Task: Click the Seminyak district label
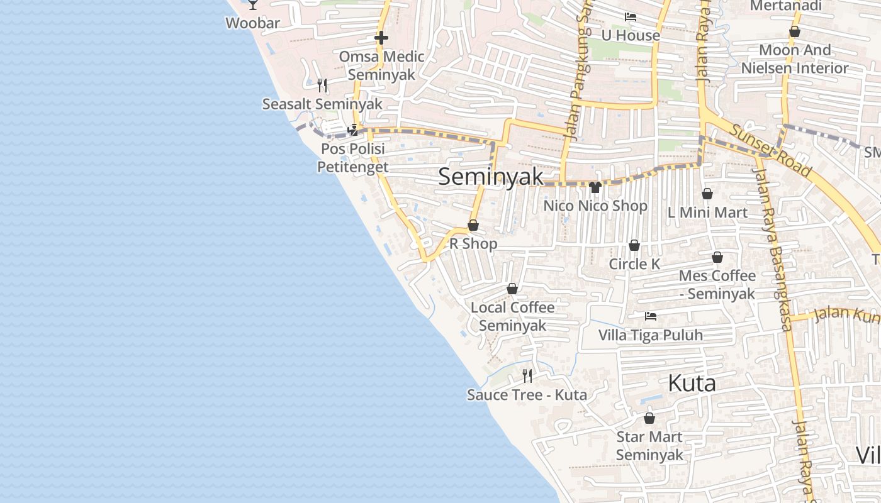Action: coord(490,177)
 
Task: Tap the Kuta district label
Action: coord(692,382)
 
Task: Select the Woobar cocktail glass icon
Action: coord(253,4)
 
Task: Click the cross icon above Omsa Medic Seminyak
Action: coord(381,38)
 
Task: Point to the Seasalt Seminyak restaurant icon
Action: coord(322,85)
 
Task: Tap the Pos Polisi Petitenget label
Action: coord(352,158)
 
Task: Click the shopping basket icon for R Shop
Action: coord(473,225)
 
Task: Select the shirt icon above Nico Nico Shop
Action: coord(595,187)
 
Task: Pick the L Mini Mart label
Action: coord(707,213)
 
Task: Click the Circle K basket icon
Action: coord(634,245)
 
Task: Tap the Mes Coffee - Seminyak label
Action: coord(717,285)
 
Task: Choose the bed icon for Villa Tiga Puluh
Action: coord(650,316)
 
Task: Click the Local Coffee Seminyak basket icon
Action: coord(512,289)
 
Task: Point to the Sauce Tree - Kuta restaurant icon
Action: coord(527,376)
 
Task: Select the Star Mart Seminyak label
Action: coord(649,446)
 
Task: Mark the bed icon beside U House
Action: coord(630,17)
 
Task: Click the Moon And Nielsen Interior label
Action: coord(795,58)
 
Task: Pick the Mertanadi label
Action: coord(786,6)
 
